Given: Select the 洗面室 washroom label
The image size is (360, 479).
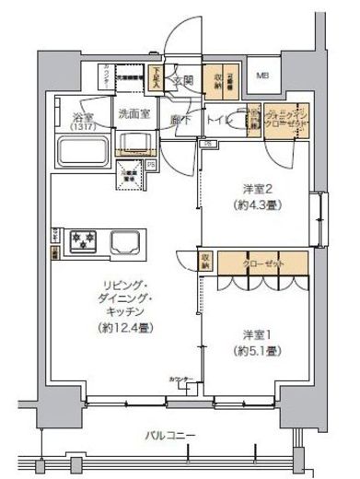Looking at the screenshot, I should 134,116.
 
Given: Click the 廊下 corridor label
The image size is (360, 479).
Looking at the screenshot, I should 179,120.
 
